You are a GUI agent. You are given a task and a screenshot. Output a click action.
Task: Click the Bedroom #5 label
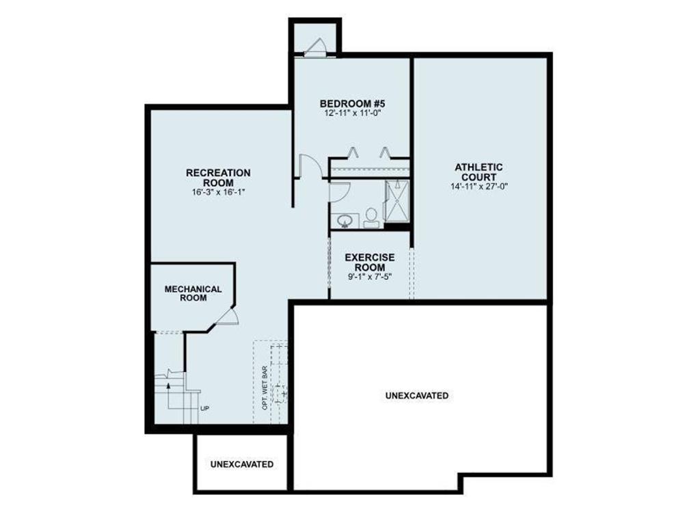(353, 103)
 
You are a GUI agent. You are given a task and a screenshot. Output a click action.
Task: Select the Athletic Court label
(479, 172)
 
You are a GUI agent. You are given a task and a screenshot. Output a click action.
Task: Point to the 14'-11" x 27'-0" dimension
(479, 186)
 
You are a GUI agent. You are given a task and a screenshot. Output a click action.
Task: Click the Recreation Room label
(218, 178)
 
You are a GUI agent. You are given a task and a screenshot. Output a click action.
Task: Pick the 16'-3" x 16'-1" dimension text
(218, 193)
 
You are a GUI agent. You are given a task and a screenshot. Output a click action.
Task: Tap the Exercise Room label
(369, 262)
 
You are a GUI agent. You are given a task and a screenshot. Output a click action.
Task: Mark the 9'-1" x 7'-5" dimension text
(369, 277)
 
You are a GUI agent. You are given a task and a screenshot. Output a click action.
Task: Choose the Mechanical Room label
(193, 293)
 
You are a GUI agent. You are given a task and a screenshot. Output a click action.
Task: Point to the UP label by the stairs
(204, 409)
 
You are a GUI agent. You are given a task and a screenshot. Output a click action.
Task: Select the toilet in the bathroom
(371, 217)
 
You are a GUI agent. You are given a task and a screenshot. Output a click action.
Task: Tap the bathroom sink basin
(345, 220)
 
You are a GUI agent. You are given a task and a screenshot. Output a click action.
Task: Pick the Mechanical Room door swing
(228, 316)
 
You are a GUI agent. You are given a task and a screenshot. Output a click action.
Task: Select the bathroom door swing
(338, 192)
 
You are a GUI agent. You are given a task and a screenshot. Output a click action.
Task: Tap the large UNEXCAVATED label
(417, 395)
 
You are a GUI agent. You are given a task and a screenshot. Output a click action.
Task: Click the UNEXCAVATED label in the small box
(242, 464)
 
